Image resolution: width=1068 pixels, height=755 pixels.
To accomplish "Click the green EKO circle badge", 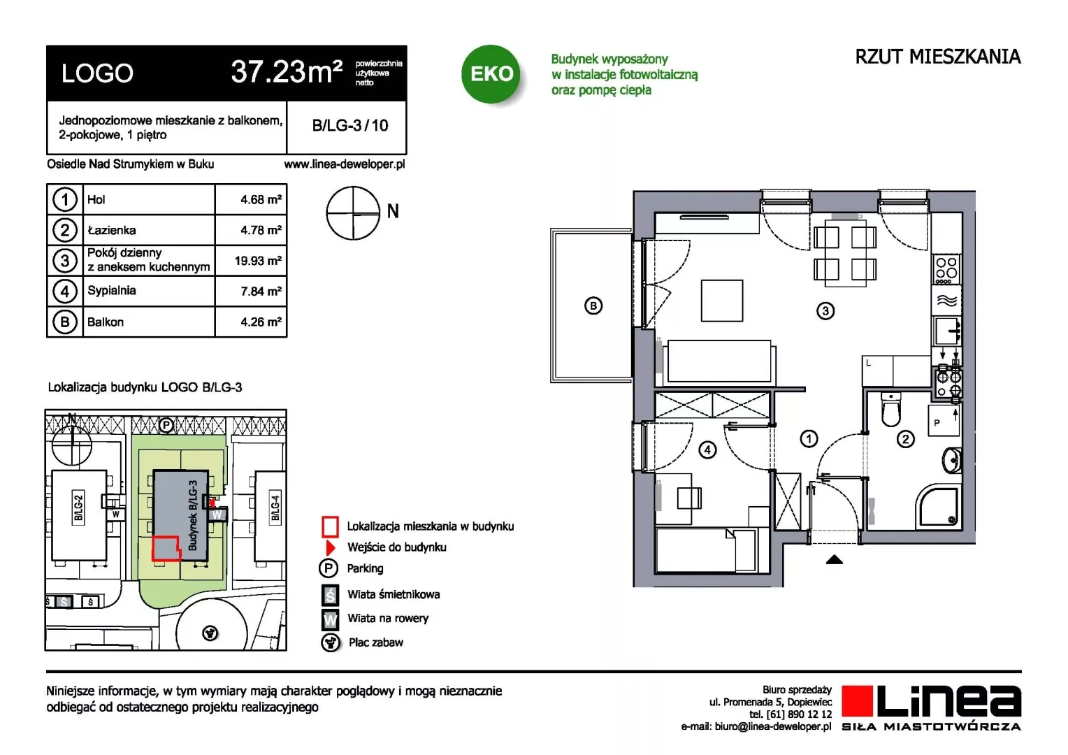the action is pos(491,74).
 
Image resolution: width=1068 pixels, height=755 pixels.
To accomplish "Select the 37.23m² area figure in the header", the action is pos(287,72).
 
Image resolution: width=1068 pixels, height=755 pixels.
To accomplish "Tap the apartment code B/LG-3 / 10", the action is pos(350,125).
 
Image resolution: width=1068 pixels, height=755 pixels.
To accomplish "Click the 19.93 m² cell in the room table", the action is pos(258,261).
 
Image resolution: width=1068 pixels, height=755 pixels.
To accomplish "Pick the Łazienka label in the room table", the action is pos(112,231).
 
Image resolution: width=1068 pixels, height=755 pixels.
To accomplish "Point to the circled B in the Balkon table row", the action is pos(65,322).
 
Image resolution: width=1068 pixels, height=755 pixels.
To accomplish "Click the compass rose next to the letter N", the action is pos(353,213).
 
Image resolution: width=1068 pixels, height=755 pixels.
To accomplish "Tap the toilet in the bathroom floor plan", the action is pos(890,409).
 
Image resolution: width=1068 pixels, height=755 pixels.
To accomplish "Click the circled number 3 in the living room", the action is pos(825,311).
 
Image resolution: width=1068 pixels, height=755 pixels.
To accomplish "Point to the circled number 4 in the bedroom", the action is pos(707,450).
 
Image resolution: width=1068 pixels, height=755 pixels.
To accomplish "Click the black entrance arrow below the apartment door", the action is pos(834,559).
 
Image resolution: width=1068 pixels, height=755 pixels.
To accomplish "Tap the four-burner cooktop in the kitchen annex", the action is pos(946,268).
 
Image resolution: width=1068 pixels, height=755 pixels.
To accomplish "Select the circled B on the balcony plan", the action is pos(593,305).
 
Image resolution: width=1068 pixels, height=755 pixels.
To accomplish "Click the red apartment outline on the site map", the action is pos(166,548).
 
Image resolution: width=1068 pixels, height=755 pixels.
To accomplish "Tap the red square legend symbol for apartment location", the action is pos(330,526).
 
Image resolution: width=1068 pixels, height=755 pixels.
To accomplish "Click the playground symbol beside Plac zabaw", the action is pos(330,642).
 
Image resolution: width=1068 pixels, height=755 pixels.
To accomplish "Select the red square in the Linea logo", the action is pos(857,701).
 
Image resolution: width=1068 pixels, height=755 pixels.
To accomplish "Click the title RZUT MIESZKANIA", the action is pos(938,57).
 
